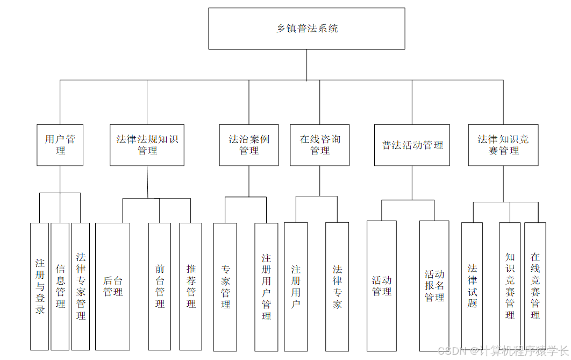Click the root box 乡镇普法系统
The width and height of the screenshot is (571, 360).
click(x=306, y=29)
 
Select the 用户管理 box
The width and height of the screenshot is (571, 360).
click(x=60, y=145)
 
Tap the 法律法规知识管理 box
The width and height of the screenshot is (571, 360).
click(x=147, y=145)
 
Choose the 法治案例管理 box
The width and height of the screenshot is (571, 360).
click(x=249, y=145)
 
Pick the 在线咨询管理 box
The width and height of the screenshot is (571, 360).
click(x=319, y=145)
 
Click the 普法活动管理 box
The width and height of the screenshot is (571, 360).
click(x=412, y=145)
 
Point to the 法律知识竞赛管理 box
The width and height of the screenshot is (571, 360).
click(x=503, y=145)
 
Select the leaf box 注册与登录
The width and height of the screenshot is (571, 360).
click(x=40, y=286)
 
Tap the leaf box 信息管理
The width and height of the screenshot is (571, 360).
click(x=60, y=286)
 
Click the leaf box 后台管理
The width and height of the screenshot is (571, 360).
click(x=113, y=286)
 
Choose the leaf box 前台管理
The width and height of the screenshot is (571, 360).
click(x=160, y=286)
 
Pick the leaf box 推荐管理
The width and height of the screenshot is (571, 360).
click(x=191, y=286)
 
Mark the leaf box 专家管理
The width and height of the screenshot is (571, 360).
click(x=225, y=286)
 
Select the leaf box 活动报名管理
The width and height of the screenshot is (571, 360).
click(x=434, y=286)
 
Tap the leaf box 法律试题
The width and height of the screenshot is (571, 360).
click(x=472, y=286)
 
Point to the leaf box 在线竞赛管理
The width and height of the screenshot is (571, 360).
click(x=535, y=286)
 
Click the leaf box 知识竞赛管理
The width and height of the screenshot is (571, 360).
click(x=510, y=286)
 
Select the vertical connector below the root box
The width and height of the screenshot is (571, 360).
click(x=306, y=65)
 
